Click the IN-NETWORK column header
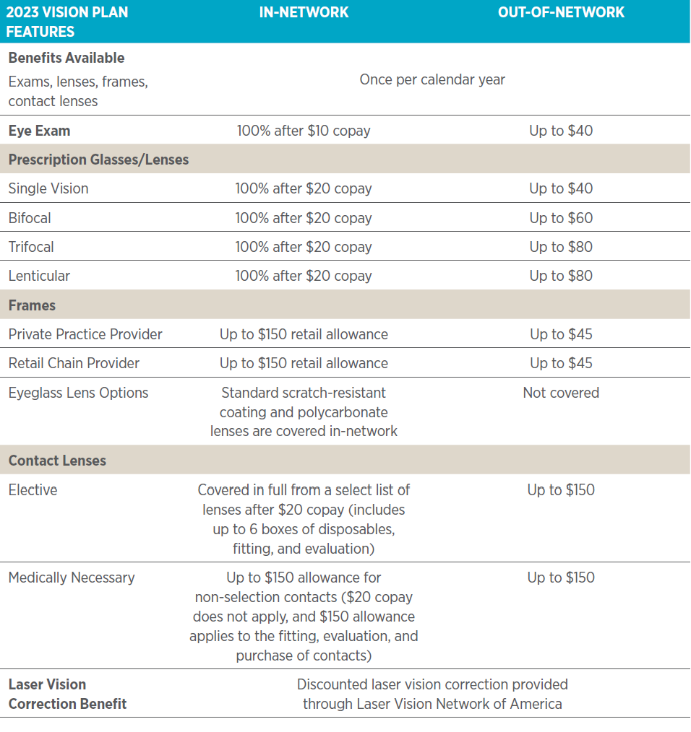[x=304, y=12]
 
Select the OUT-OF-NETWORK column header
[x=561, y=12]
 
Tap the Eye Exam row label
[x=39, y=131]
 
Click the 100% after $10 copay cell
[x=304, y=131]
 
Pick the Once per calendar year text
[x=432, y=79]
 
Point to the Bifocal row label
[x=30, y=217]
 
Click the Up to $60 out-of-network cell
[x=561, y=217]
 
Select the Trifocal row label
[x=31, y=246]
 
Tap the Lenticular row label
[x=39, y=275]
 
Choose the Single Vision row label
[x=48, y=188]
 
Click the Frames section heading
[x=32, y=305]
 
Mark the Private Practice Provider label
[x=85, y=334]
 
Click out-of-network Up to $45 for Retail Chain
[x=561, y=363]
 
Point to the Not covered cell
[x=561, y=393]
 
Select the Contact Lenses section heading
[x=57, y=460]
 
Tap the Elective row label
[x=33, y=489]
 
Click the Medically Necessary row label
[x=72, y=577]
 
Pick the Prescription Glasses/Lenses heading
[x=98, y=160]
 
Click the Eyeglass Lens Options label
[x=78, y=393]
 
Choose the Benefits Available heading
[x=66, y=58]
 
